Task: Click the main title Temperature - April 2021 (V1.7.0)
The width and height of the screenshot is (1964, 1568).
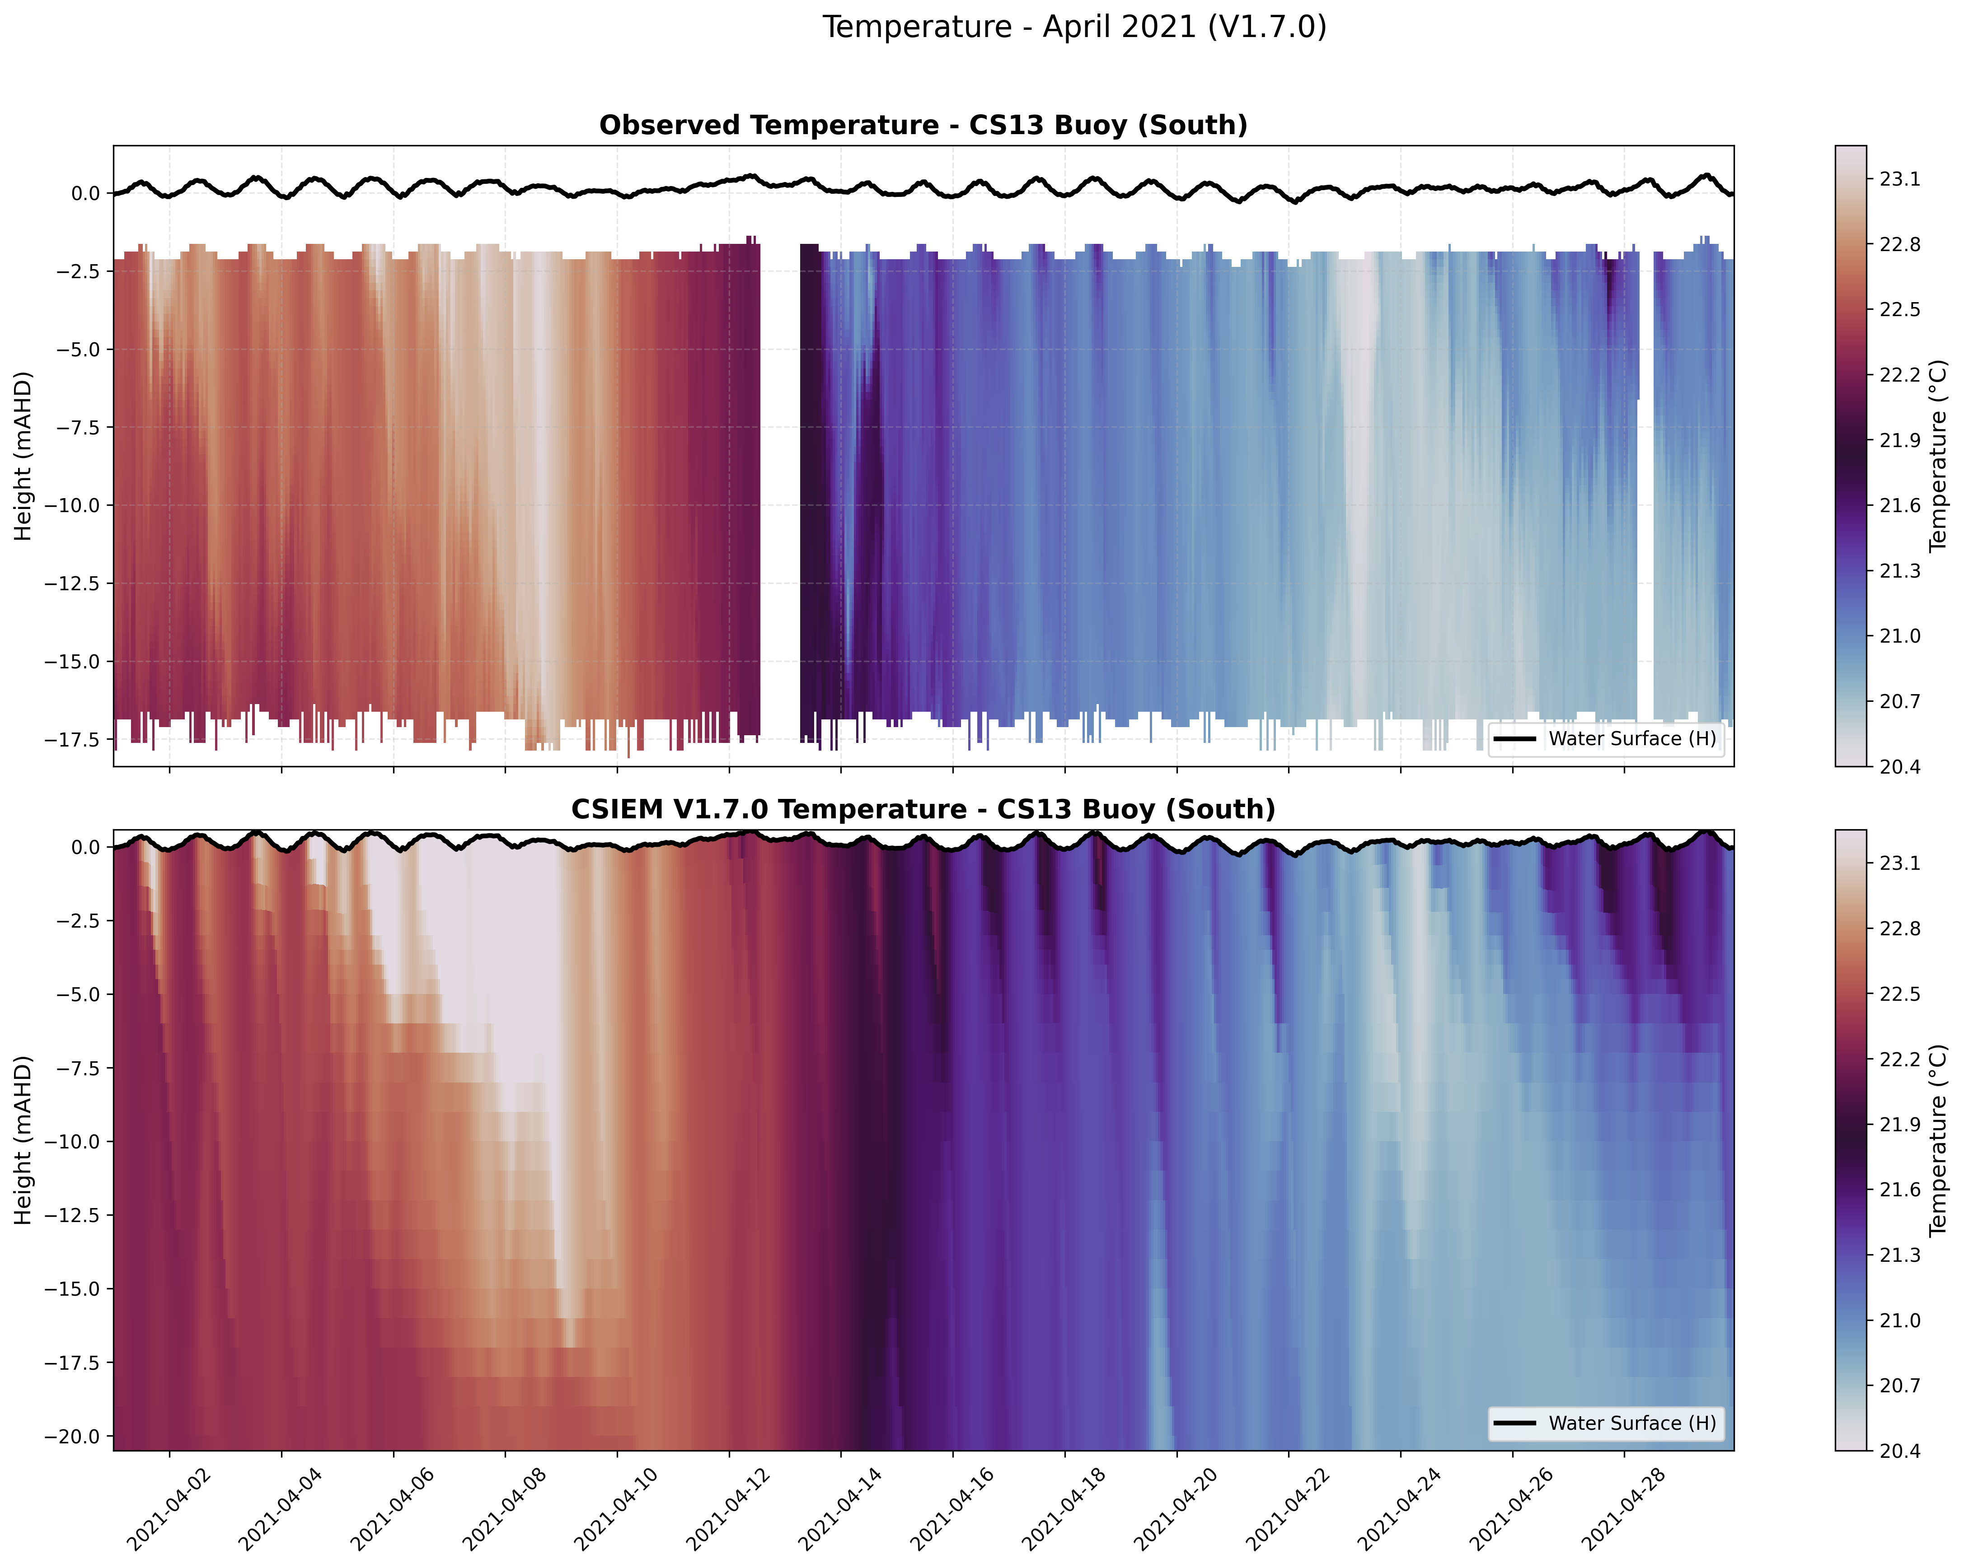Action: [1074, 27]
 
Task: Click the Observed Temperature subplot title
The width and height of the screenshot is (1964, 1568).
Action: [923, 126]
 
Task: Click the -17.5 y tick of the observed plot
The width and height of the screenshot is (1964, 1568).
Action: [75, 739]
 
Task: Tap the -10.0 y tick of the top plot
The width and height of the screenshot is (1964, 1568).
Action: [75, 505]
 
